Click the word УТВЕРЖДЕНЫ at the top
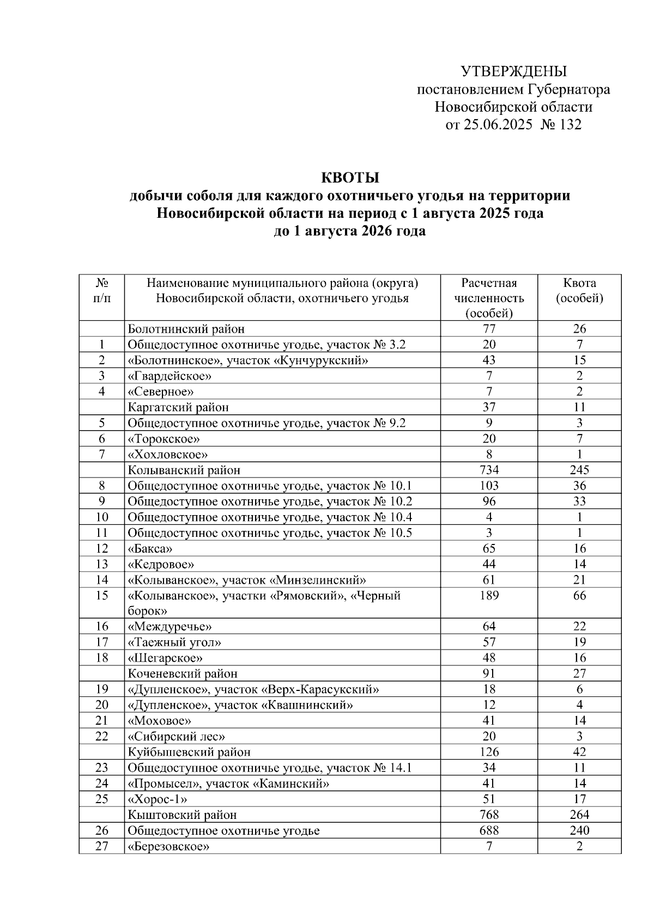click(513, 71)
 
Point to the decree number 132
click(570, 125)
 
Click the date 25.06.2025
click(497, 125)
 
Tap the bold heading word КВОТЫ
click(349, 178)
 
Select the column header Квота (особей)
click(579, 291)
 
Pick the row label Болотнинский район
click(186, 329)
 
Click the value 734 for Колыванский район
click(489, 470)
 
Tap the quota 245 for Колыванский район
click(579, 470)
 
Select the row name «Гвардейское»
click(169, 376)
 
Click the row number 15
click(102, 595)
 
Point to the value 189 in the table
click(489, 595)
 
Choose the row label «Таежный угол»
click(174, 642)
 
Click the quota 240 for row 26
click(579, 830)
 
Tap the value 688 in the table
click(489, 830)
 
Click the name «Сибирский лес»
click(177, 737)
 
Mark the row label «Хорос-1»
click(158, 799)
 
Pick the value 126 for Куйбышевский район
click(489, 752)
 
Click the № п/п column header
click(102, 291)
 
